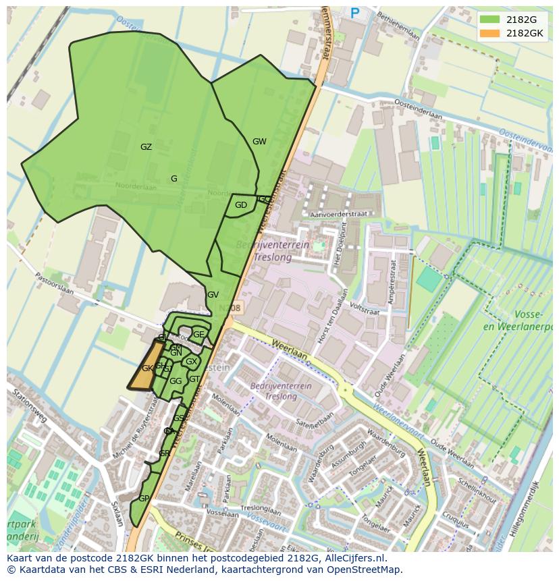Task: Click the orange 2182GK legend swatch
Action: pyautogui.click(x=490, y=33)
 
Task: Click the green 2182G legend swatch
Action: pyautogui.click(x=490, y=20)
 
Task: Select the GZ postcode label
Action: pyautogui.click(x=146, y=147)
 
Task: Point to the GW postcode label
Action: pyautogui.click(x=259, y=142)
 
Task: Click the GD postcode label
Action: pyautogui.click(x=241, y=205)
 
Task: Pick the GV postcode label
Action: pyautogui.click(x=213, y=295)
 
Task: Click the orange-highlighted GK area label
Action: pyautogui.click(x=147, y=368)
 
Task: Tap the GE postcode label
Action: pyautogui.click(x=198, y=334)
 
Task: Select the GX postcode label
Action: pyautogui.click(x=191, y=362)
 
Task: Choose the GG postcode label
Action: pyautogui.click(x=176, y=381)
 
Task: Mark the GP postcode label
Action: pyautogui.click(x=144, y=499)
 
